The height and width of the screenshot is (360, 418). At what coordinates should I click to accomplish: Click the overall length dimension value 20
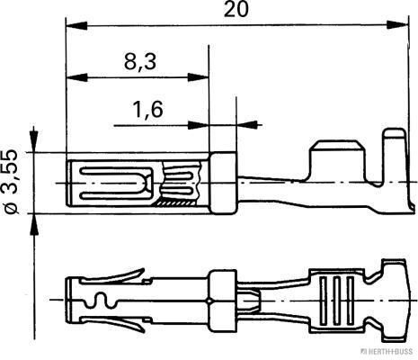pyautogui.click(x=237, y=12)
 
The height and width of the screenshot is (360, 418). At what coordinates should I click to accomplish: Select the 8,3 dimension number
pyautogui.click(x=138, y=62)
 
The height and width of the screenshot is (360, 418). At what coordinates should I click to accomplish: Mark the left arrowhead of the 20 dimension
pyautogui.click(x=73, y=25)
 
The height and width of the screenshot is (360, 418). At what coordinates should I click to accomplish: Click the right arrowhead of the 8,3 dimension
pyautogui.click(x=202, y=76)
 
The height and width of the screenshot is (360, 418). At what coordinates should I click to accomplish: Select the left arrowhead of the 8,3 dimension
pyautogui.click(x=73, y=76)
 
